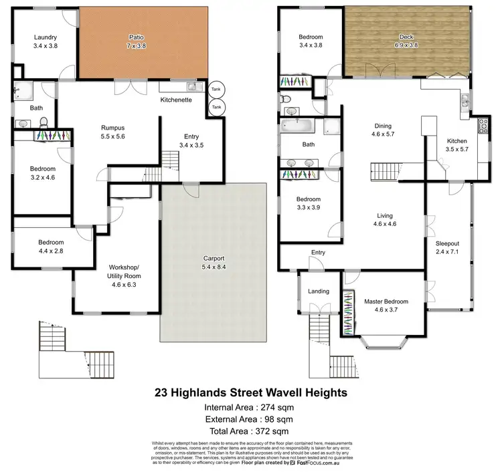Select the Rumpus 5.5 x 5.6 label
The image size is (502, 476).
pos(112,132)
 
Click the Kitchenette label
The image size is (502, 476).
pos(176,100)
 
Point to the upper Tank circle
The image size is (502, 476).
pos(216,89)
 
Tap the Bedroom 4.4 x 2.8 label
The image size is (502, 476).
pos(50,247)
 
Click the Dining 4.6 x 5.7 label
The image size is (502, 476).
pos(383,130)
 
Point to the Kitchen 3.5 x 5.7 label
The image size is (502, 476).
pos(456,146)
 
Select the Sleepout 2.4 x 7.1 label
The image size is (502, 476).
pos(448,247)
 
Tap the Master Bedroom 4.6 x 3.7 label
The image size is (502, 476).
pos(386,306)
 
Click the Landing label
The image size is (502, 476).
pos(318,291)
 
